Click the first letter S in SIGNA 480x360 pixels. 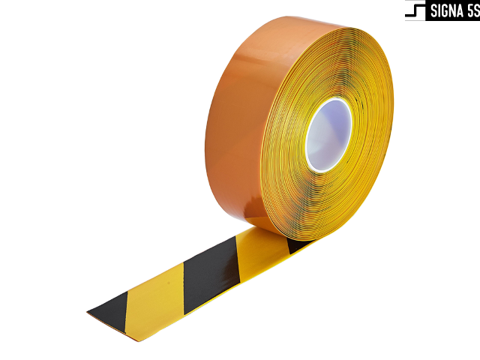434,11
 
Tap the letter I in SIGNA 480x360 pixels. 441,11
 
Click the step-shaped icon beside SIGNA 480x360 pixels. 415,10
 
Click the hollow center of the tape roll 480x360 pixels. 330,135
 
